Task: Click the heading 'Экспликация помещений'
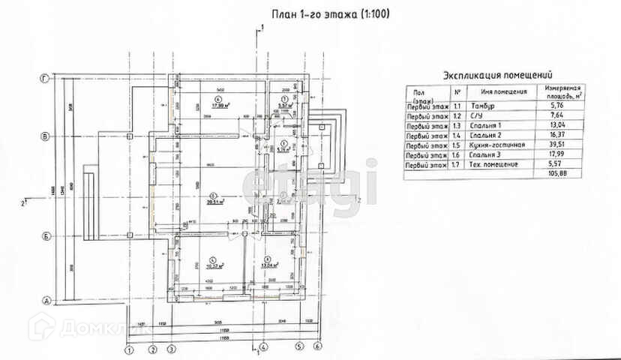click(498, 75)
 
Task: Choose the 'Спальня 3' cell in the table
click(485, 154)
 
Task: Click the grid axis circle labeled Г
click(46, 78)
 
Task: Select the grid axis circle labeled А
click(46, 301)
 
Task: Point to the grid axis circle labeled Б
click(46, 235)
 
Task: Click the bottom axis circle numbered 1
click(129, 349)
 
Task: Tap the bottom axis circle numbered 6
click(317, 346)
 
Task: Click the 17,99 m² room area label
click(220, 106)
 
